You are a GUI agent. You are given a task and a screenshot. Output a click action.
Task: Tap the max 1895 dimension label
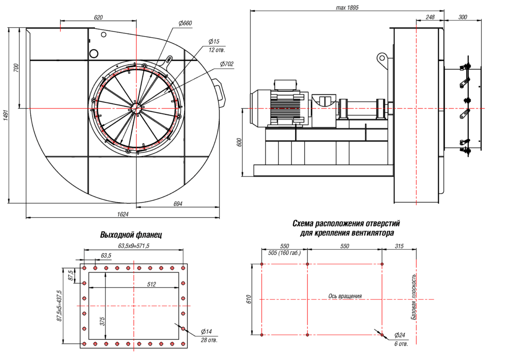click(347, 8)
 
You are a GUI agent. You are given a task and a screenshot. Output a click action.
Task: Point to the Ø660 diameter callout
click(185, 23)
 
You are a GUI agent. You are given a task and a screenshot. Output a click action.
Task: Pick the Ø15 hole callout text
click(214, 41)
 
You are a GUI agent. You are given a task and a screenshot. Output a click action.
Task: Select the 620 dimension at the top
click(98, 17)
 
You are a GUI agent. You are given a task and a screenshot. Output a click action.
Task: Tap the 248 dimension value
click(430, 17)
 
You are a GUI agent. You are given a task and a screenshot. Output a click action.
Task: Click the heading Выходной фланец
click(131, 235)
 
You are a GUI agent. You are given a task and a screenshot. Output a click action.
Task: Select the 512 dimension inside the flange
click(152, 284)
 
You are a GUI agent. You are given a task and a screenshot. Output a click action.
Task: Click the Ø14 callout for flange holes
click(206, 331)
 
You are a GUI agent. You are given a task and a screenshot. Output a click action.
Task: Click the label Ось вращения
click(345, 296)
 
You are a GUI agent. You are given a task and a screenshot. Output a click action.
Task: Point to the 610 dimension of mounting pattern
click(249, 299)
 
